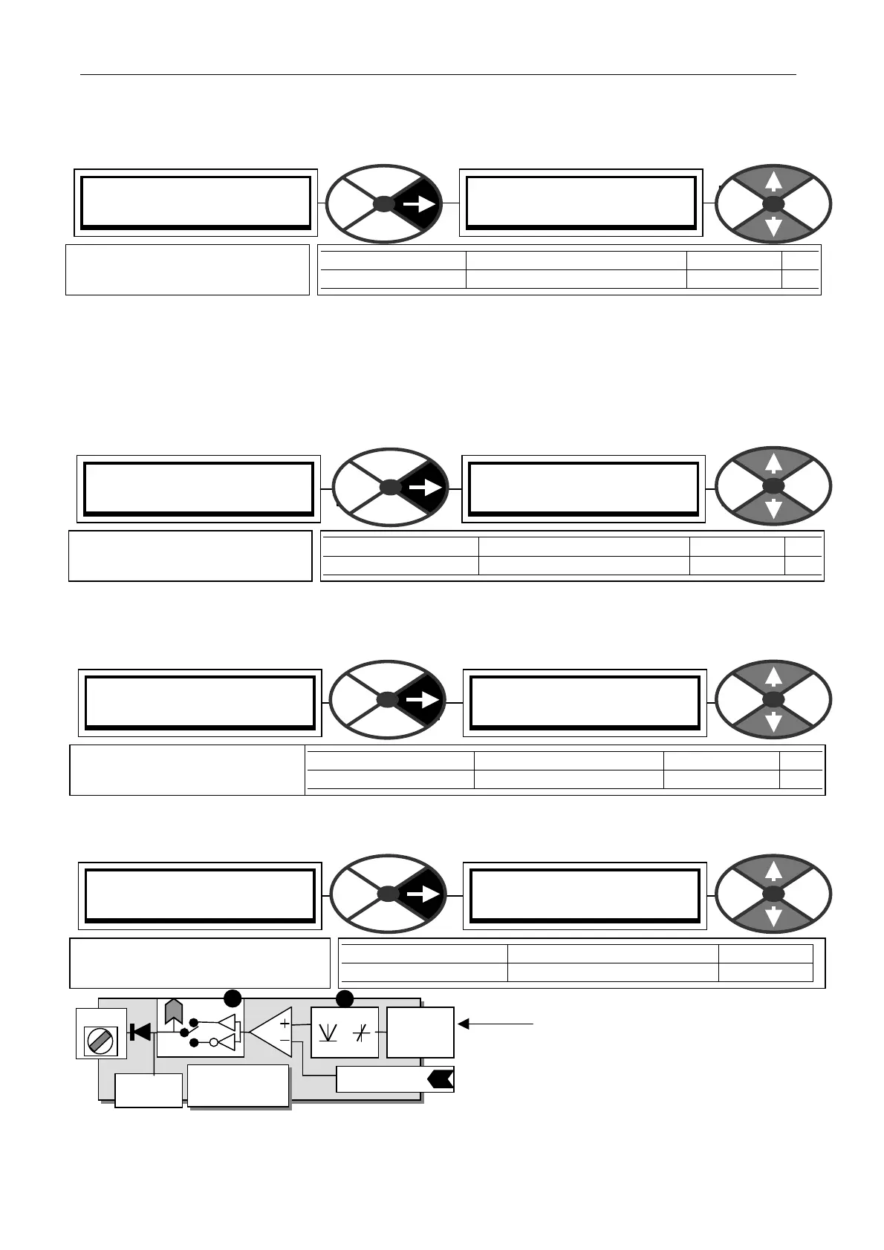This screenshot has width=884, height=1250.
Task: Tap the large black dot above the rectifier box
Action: tap(345, 998)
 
